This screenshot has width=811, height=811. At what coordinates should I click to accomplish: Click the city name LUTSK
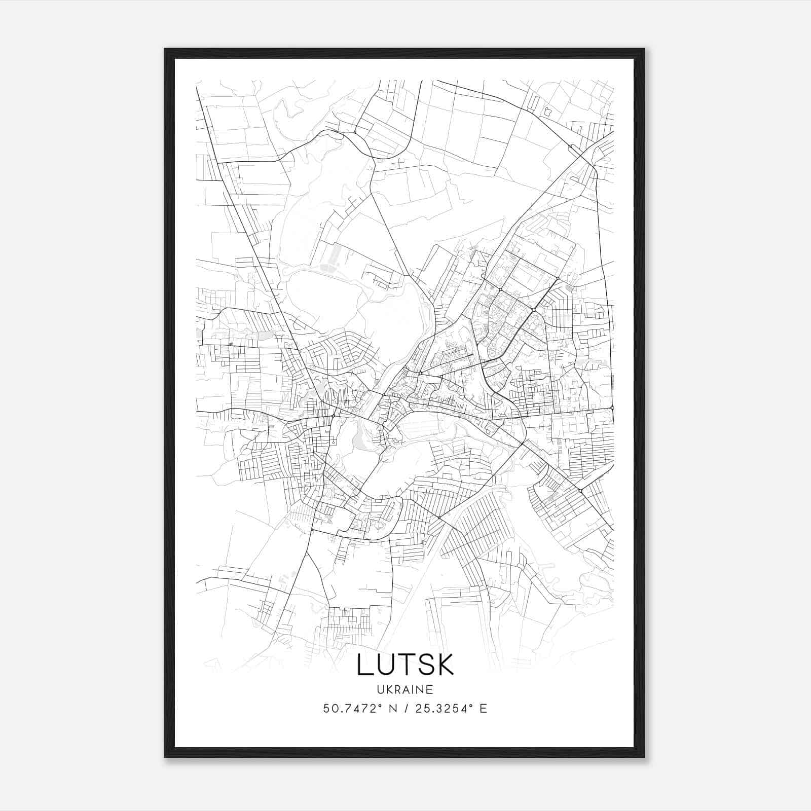coord(405,665)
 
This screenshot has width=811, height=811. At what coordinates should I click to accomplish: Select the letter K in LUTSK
coord(445,665)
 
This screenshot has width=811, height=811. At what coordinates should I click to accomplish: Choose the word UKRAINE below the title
coord(405,689)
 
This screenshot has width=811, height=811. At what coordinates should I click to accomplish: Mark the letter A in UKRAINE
coord(407,689)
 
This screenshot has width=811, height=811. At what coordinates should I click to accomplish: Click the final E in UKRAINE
coord(430,689)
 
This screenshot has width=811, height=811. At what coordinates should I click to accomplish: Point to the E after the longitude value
coord(483,709)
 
